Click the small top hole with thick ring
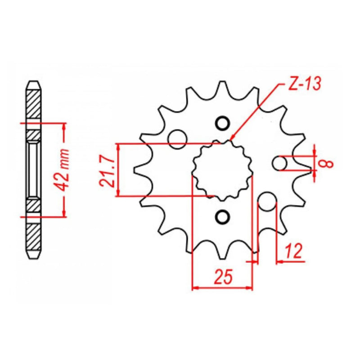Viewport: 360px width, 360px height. [222, 124]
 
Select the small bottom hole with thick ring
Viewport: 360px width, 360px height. [222, 217]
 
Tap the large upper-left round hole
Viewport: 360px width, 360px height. [177, 139]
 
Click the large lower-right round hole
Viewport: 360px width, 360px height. [267, 202]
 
